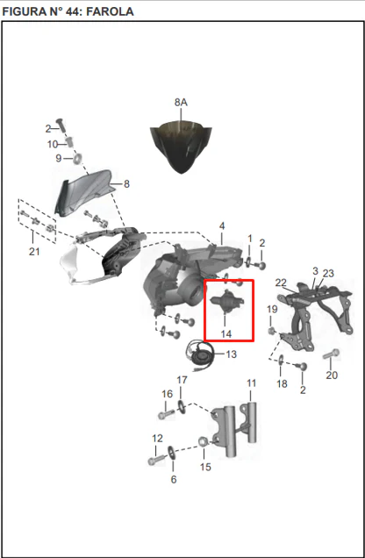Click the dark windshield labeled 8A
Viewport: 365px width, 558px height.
click(x=181, y=147)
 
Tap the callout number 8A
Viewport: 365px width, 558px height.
click(x=181, y=103)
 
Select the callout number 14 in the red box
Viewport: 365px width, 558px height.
click(x=225, y=333)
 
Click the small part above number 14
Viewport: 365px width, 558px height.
click(x=226, y=302)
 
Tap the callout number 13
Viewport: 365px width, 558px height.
click(x=232, y=354)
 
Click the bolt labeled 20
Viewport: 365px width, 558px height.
click(x=331, y=354)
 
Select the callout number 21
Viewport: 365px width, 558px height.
click(x=34, y=252)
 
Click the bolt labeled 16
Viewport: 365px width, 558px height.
click(x=166, y=414)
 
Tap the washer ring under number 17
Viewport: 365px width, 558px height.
click(x=181, y=406)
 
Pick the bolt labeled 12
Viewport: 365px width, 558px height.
click(x=156, y=460)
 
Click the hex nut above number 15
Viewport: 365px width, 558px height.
click(x=204, y=442)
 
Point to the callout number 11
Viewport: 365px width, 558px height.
click(x=252, y=383)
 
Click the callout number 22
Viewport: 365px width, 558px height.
click(x=281, y=283)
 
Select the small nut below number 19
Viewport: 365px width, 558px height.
click(x=271, y=331)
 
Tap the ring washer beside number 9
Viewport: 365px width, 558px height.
click(x=78, y=158)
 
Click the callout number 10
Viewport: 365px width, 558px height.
click(x=53, y=144)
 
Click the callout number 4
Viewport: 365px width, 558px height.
click(x=222, y=226)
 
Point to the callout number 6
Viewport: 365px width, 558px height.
click(x=173, y=479)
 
